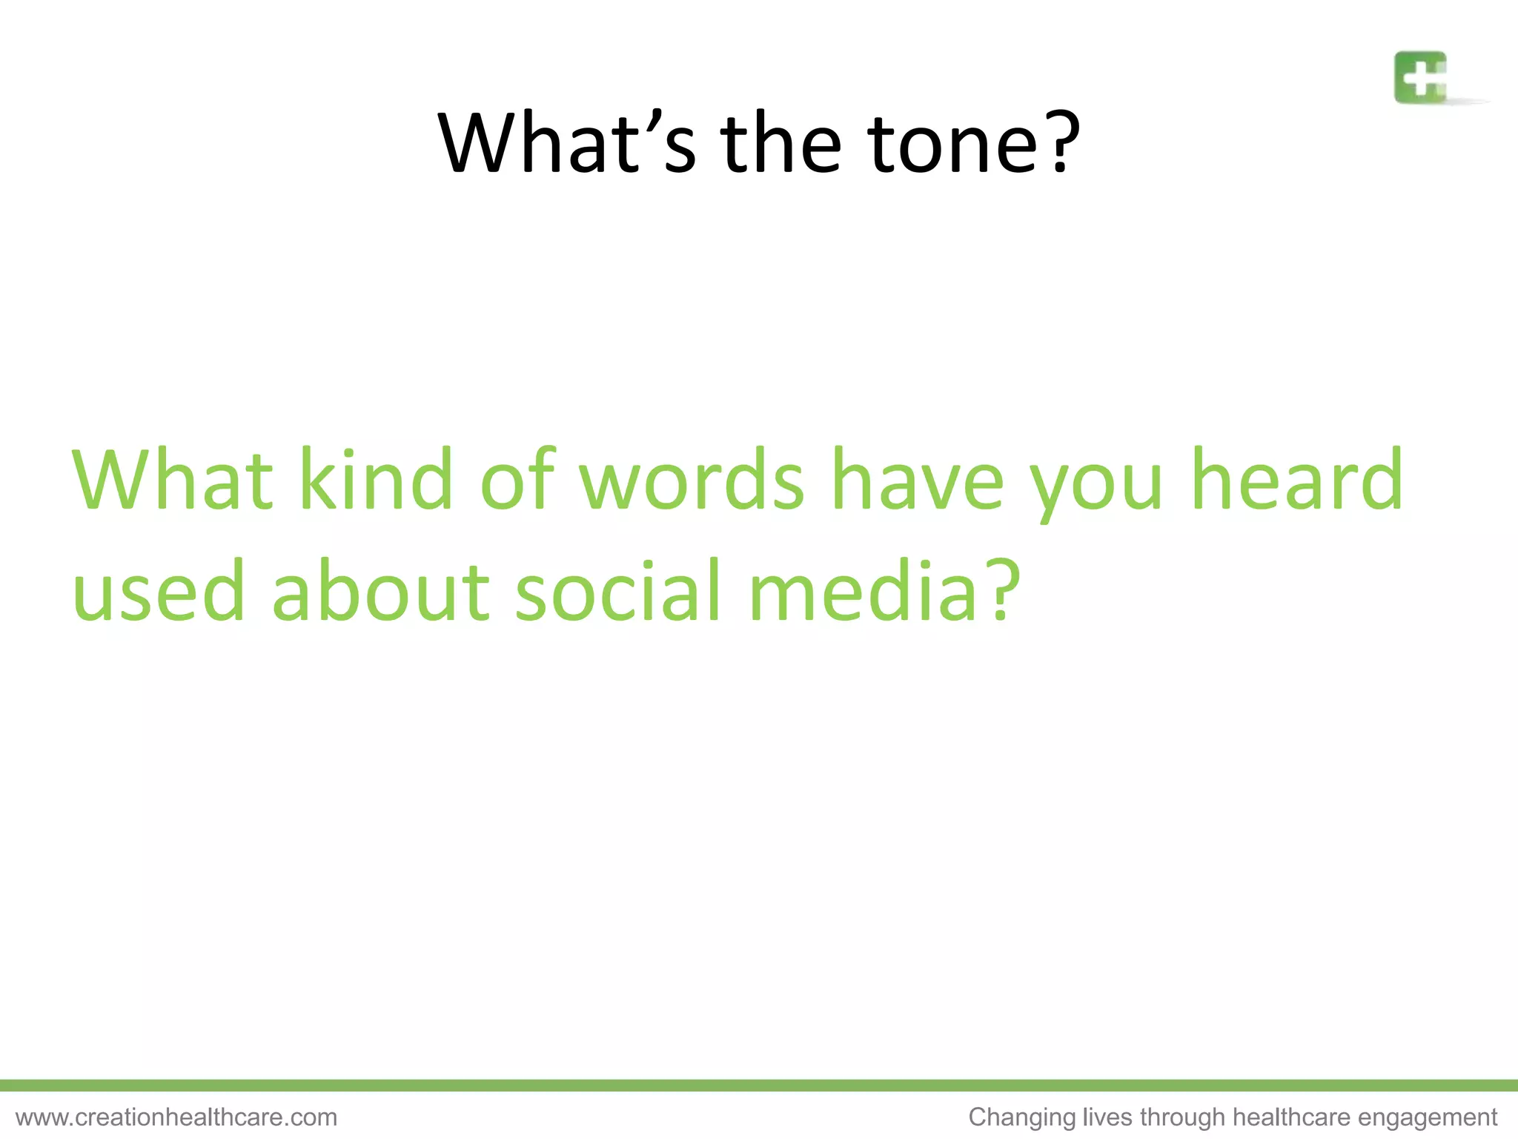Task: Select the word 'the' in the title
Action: pyautogui.click(x=781, y=142)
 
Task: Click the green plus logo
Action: pyautogui.click(x=1420, y=77)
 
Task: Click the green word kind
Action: pyautogui.click(x=376, y=480)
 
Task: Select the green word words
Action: pyautogui.click(x=691, y=480)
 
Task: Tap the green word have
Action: pyautogui.click(x=918, y=480)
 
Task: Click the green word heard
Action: pyautogui.click(x=1297, y=480)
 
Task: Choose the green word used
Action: pyautogui.click(x=159, y=591)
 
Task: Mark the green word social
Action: pyautogui.click(x=618, y=591)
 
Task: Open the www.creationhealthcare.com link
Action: pyautogui.click(x=176, y=1117)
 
